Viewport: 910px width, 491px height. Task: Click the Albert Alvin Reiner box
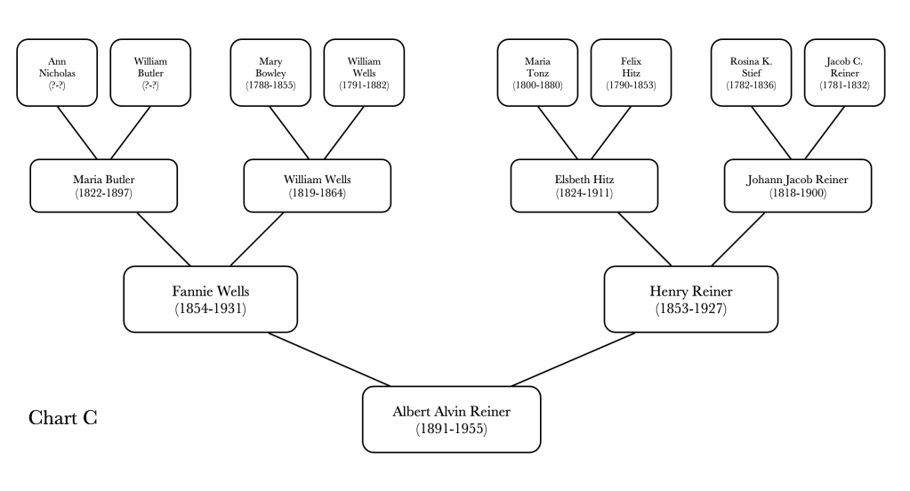tap(452, 419)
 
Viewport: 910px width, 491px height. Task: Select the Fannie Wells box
tap(209, 300)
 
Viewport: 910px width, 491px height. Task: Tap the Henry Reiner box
tap(690, 300)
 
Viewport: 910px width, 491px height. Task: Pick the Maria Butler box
tap(104, 186)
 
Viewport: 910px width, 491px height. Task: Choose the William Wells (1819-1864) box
tap(318, 186)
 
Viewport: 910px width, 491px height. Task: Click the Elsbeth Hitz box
tap(584, 186)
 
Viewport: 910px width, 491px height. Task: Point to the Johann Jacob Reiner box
tap(798, 186)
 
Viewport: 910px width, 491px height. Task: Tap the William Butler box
tap(145, 72)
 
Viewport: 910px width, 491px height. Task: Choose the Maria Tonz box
tap(537, 72)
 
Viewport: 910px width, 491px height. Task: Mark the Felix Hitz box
tap(626, 72)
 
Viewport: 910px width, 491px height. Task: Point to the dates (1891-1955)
tap(452, 429)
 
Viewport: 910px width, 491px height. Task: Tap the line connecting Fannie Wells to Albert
tap(329, 359)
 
